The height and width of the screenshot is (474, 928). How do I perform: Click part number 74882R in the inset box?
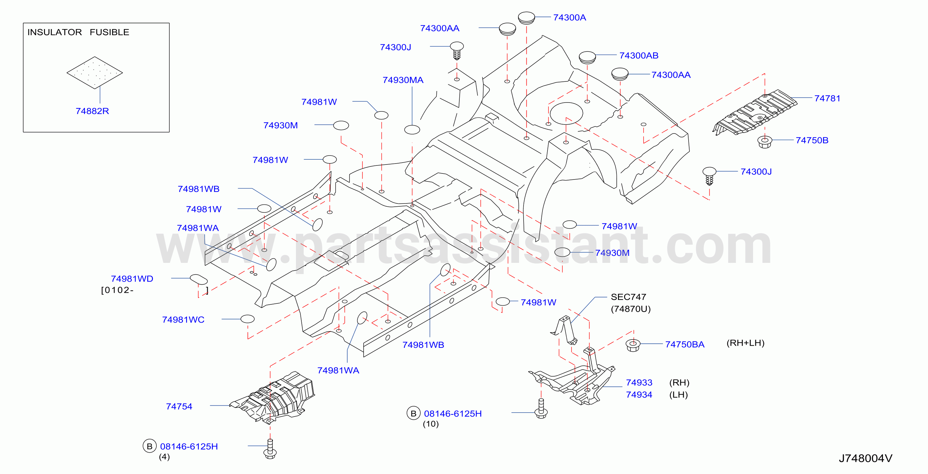point(92,111)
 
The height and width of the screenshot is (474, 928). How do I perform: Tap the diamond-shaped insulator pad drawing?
point(95,73)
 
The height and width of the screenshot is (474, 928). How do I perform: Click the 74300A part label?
point(570,17)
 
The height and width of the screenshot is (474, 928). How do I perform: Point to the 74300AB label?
point(639,56)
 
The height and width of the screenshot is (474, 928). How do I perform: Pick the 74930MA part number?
point(403,80)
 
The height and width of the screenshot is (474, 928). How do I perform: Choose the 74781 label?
point(827,98)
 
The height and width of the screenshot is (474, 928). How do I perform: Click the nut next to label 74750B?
point(765,142)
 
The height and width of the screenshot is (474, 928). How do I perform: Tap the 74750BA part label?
point(684,344)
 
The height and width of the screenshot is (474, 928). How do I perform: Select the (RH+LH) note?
point(745,343)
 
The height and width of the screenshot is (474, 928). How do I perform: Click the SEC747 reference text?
point(628,297)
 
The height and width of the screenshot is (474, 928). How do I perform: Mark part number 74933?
point(639,382)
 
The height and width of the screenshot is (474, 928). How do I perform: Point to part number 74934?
point(639,395)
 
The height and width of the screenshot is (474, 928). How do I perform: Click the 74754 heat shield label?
point(179,406)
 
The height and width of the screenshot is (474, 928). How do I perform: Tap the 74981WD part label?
point(132,279)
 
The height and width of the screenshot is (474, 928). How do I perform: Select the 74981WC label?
point(183,320)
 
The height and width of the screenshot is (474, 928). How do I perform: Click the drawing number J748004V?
point(865,458)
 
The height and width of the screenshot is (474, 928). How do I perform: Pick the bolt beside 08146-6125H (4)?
point(270,449)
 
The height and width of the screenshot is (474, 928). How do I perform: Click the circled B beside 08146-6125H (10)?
point(414,413)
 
